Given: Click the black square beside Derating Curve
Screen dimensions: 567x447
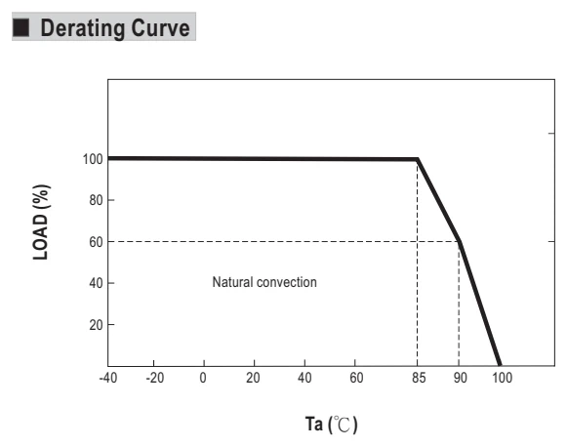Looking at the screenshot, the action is (x=20, y=27).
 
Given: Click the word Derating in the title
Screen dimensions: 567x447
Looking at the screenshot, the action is (x=83, y=28).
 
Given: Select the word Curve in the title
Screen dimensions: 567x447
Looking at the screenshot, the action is (x=160, y=28).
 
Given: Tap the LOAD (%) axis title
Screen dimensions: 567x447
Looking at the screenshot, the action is (x=41, y=223).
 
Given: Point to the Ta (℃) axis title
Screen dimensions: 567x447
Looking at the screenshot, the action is (x=331, y=425).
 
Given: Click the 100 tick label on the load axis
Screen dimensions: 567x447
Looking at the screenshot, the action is (x=93, y=159).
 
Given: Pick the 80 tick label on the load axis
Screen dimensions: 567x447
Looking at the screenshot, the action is (x=97, y=200).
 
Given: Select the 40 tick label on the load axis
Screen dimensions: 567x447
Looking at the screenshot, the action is (x=97, y=283).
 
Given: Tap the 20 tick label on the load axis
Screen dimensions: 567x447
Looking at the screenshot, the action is (x=97, y=325).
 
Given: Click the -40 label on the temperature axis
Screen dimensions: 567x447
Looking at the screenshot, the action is (x=108, y=378).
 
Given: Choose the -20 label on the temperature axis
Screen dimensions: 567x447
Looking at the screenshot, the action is (x=155, y=378).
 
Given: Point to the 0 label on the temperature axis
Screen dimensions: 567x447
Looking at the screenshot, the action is (x=203, y=378).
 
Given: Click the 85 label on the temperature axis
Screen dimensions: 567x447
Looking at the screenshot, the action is (x=419, y=378).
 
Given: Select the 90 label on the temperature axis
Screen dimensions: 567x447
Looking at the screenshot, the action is (x=461, y=378).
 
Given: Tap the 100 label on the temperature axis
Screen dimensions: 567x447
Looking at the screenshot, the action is (x=503, y=378).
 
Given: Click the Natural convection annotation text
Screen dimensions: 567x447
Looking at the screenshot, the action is (x=264, y=282).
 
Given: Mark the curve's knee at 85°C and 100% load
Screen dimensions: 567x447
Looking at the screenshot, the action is (x=418, y=159).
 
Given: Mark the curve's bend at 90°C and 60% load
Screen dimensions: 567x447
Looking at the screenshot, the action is (x=460, y=241).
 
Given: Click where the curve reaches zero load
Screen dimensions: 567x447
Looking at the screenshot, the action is (x=500, y=365).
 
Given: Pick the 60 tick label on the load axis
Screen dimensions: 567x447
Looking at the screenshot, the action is (x=97, y=242).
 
